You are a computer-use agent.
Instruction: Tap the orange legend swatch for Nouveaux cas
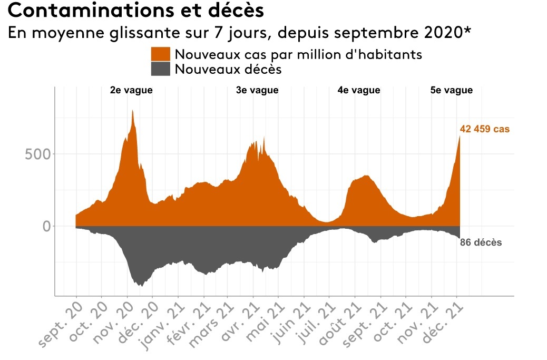(160, 54)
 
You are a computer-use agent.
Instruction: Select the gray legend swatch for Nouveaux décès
(160, 69)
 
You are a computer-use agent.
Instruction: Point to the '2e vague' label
(131, 90)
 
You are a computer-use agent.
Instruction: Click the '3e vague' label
(257, 90)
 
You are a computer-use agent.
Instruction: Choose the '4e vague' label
(359, 90)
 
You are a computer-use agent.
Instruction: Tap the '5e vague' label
(452, 90)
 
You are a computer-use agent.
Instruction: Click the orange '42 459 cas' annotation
(485, 129)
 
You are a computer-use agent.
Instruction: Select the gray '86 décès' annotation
(481, 243)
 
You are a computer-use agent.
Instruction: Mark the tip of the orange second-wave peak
(132, 111)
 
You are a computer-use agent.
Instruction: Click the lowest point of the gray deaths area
(141, 286)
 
